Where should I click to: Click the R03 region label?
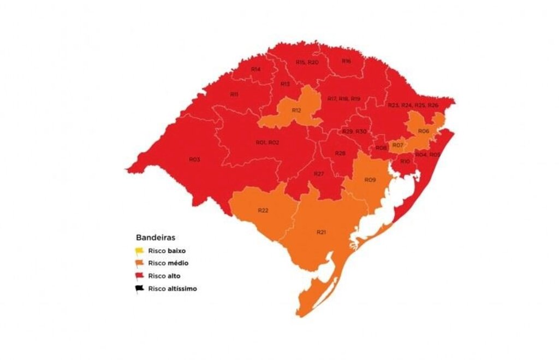[x=194, y=160]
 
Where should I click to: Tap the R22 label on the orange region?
[x=263, y=210]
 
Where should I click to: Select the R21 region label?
[x=321, y=232]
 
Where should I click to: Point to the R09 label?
[x=370, y=180]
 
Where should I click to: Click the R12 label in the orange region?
[x=296, y=110]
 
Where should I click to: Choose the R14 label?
[x=255, y=69]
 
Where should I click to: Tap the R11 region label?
[x=234, y=95]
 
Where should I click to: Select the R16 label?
[x=347, y=61]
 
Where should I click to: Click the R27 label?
[x=319, y=173]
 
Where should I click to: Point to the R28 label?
[x=340, y=154]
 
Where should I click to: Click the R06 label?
[x=423, y=131]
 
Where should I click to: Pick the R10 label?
[x=405, y=162]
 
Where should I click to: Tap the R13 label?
[x=285, y=84]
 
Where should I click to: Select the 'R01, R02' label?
[x=267, y=143]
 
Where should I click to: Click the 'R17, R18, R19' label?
[x=343, y=98]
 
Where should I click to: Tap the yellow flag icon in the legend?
[x=140, y=251]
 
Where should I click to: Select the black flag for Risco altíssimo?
[x=140, y=288]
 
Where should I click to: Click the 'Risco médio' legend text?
[x=168, y=263]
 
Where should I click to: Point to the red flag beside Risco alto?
[x=140, y=276]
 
